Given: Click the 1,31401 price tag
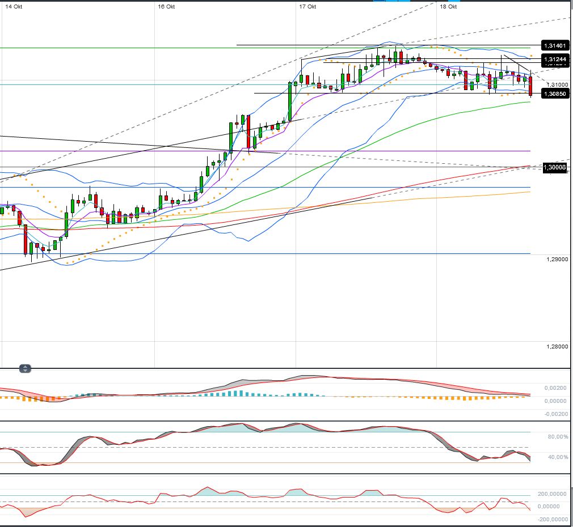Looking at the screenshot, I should [554, 45].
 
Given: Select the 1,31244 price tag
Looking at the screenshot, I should [554, 59].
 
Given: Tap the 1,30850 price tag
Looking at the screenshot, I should [554, 93].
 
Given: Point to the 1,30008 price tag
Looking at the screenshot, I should [554, 167].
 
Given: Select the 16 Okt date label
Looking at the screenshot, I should [166, 7].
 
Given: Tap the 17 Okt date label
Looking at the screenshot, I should [307, 7].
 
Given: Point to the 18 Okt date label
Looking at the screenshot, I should [448, 7].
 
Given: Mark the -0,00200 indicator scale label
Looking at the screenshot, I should [555, 414].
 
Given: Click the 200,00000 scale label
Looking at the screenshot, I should [552, 494].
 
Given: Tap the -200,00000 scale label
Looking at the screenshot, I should [551, 519].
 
